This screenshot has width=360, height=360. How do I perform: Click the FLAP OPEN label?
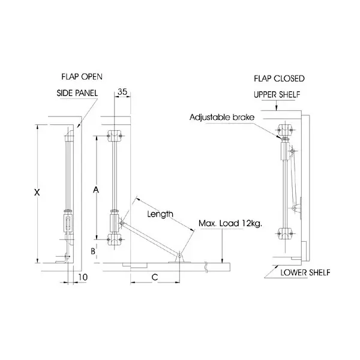coord(82,77)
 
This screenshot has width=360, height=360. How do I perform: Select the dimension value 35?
coord(122,92)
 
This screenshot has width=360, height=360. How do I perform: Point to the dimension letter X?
coord(37,193)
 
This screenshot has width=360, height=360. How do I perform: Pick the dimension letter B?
coord(92,251)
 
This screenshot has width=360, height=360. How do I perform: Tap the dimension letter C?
coord(154,277)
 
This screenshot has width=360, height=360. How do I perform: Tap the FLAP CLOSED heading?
coord(279,79)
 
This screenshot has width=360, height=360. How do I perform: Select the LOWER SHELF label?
coord(305,273)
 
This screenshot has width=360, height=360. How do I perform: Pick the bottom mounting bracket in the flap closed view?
coord(286,233)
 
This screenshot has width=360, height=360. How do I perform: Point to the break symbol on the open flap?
coord(207,264)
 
